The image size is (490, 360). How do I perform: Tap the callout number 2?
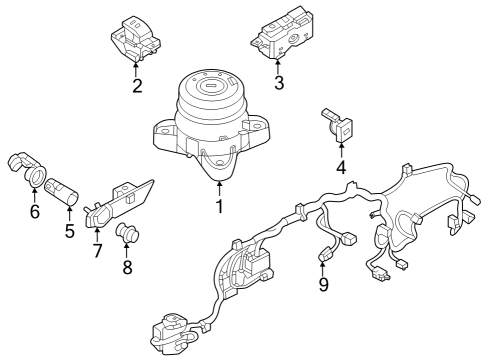pyautogui.click(x=136, y=85)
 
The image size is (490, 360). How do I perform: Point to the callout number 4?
pyautogui.click(x=341, y=168)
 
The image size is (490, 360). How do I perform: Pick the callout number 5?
pyautogui.click(x=70, y=230)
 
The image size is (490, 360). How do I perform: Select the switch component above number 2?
pyautogui.click(x=133, y=38)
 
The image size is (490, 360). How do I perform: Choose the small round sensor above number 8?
pyautogui.click(x=128, y=236)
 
